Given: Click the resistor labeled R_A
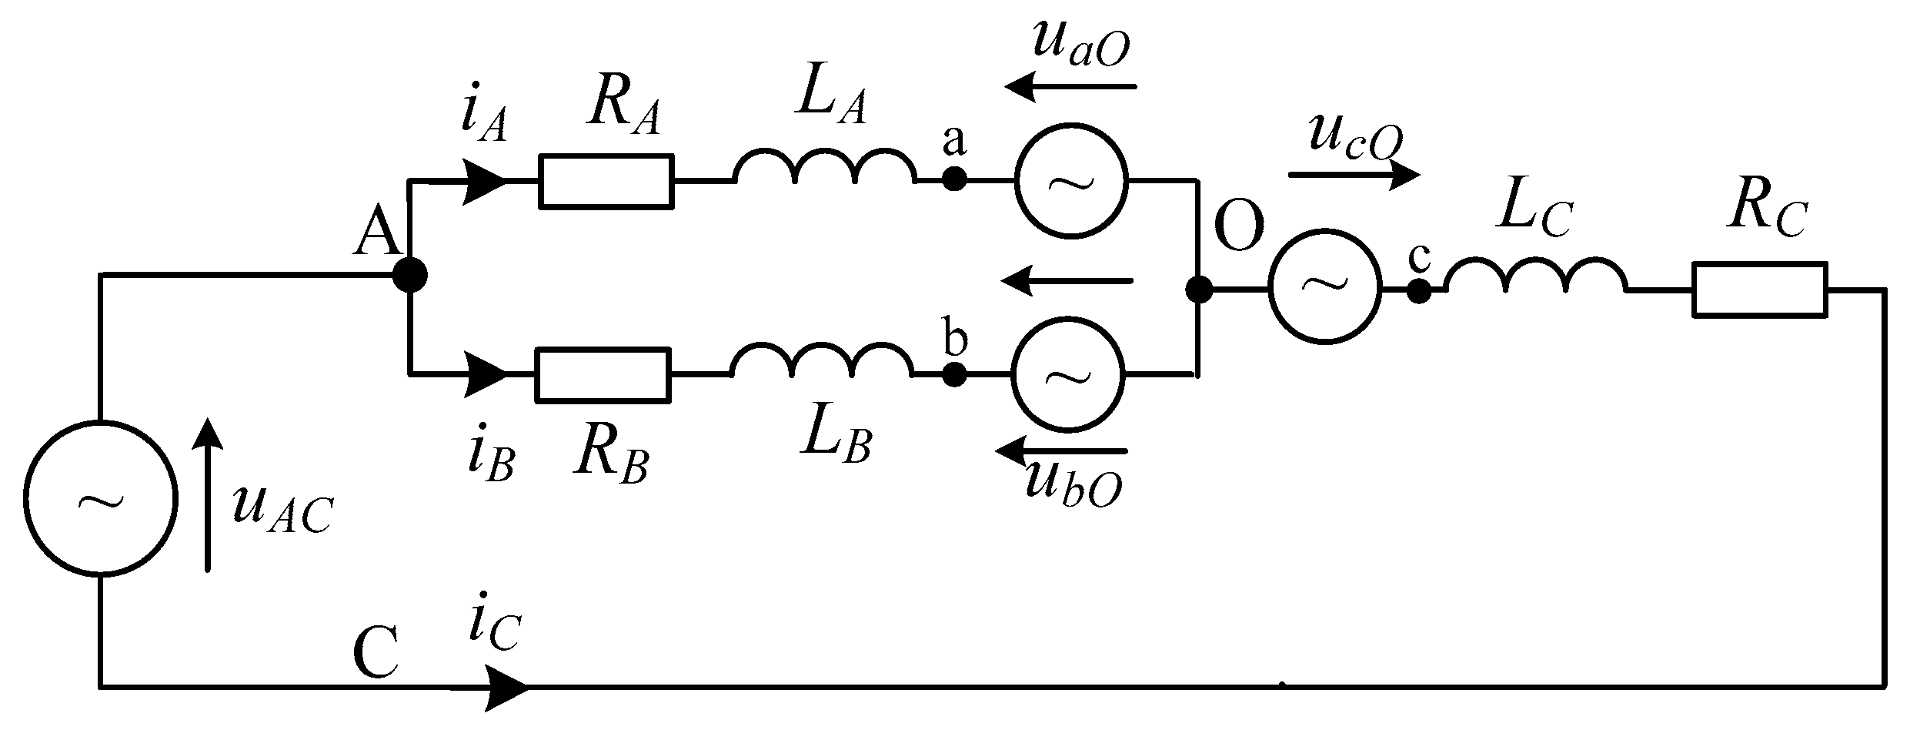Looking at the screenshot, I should [606, 182].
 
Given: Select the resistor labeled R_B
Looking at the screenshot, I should [603, 375].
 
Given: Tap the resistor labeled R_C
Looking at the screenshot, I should [1759, 290].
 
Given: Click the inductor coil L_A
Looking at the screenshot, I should [825, 169].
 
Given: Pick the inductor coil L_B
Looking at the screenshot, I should [822, 363].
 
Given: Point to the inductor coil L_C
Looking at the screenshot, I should [1536, 278].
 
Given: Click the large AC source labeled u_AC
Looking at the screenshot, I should [100, 498].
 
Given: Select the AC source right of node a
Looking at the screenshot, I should [1071, 179].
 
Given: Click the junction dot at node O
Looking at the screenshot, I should [1198, 290].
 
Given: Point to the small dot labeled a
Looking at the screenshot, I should [954, 179].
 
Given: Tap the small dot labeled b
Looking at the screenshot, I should [954, 374].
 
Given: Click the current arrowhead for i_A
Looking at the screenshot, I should [483, 182].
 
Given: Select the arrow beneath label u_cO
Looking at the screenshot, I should [1354, 176].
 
